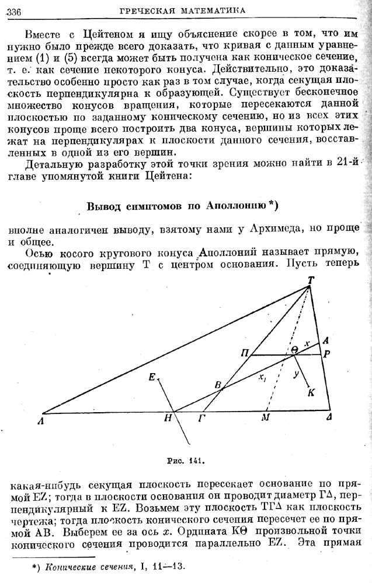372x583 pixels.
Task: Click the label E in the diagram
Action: (x=152, y=377)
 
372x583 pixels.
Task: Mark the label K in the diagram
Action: (x=311, y=392)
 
